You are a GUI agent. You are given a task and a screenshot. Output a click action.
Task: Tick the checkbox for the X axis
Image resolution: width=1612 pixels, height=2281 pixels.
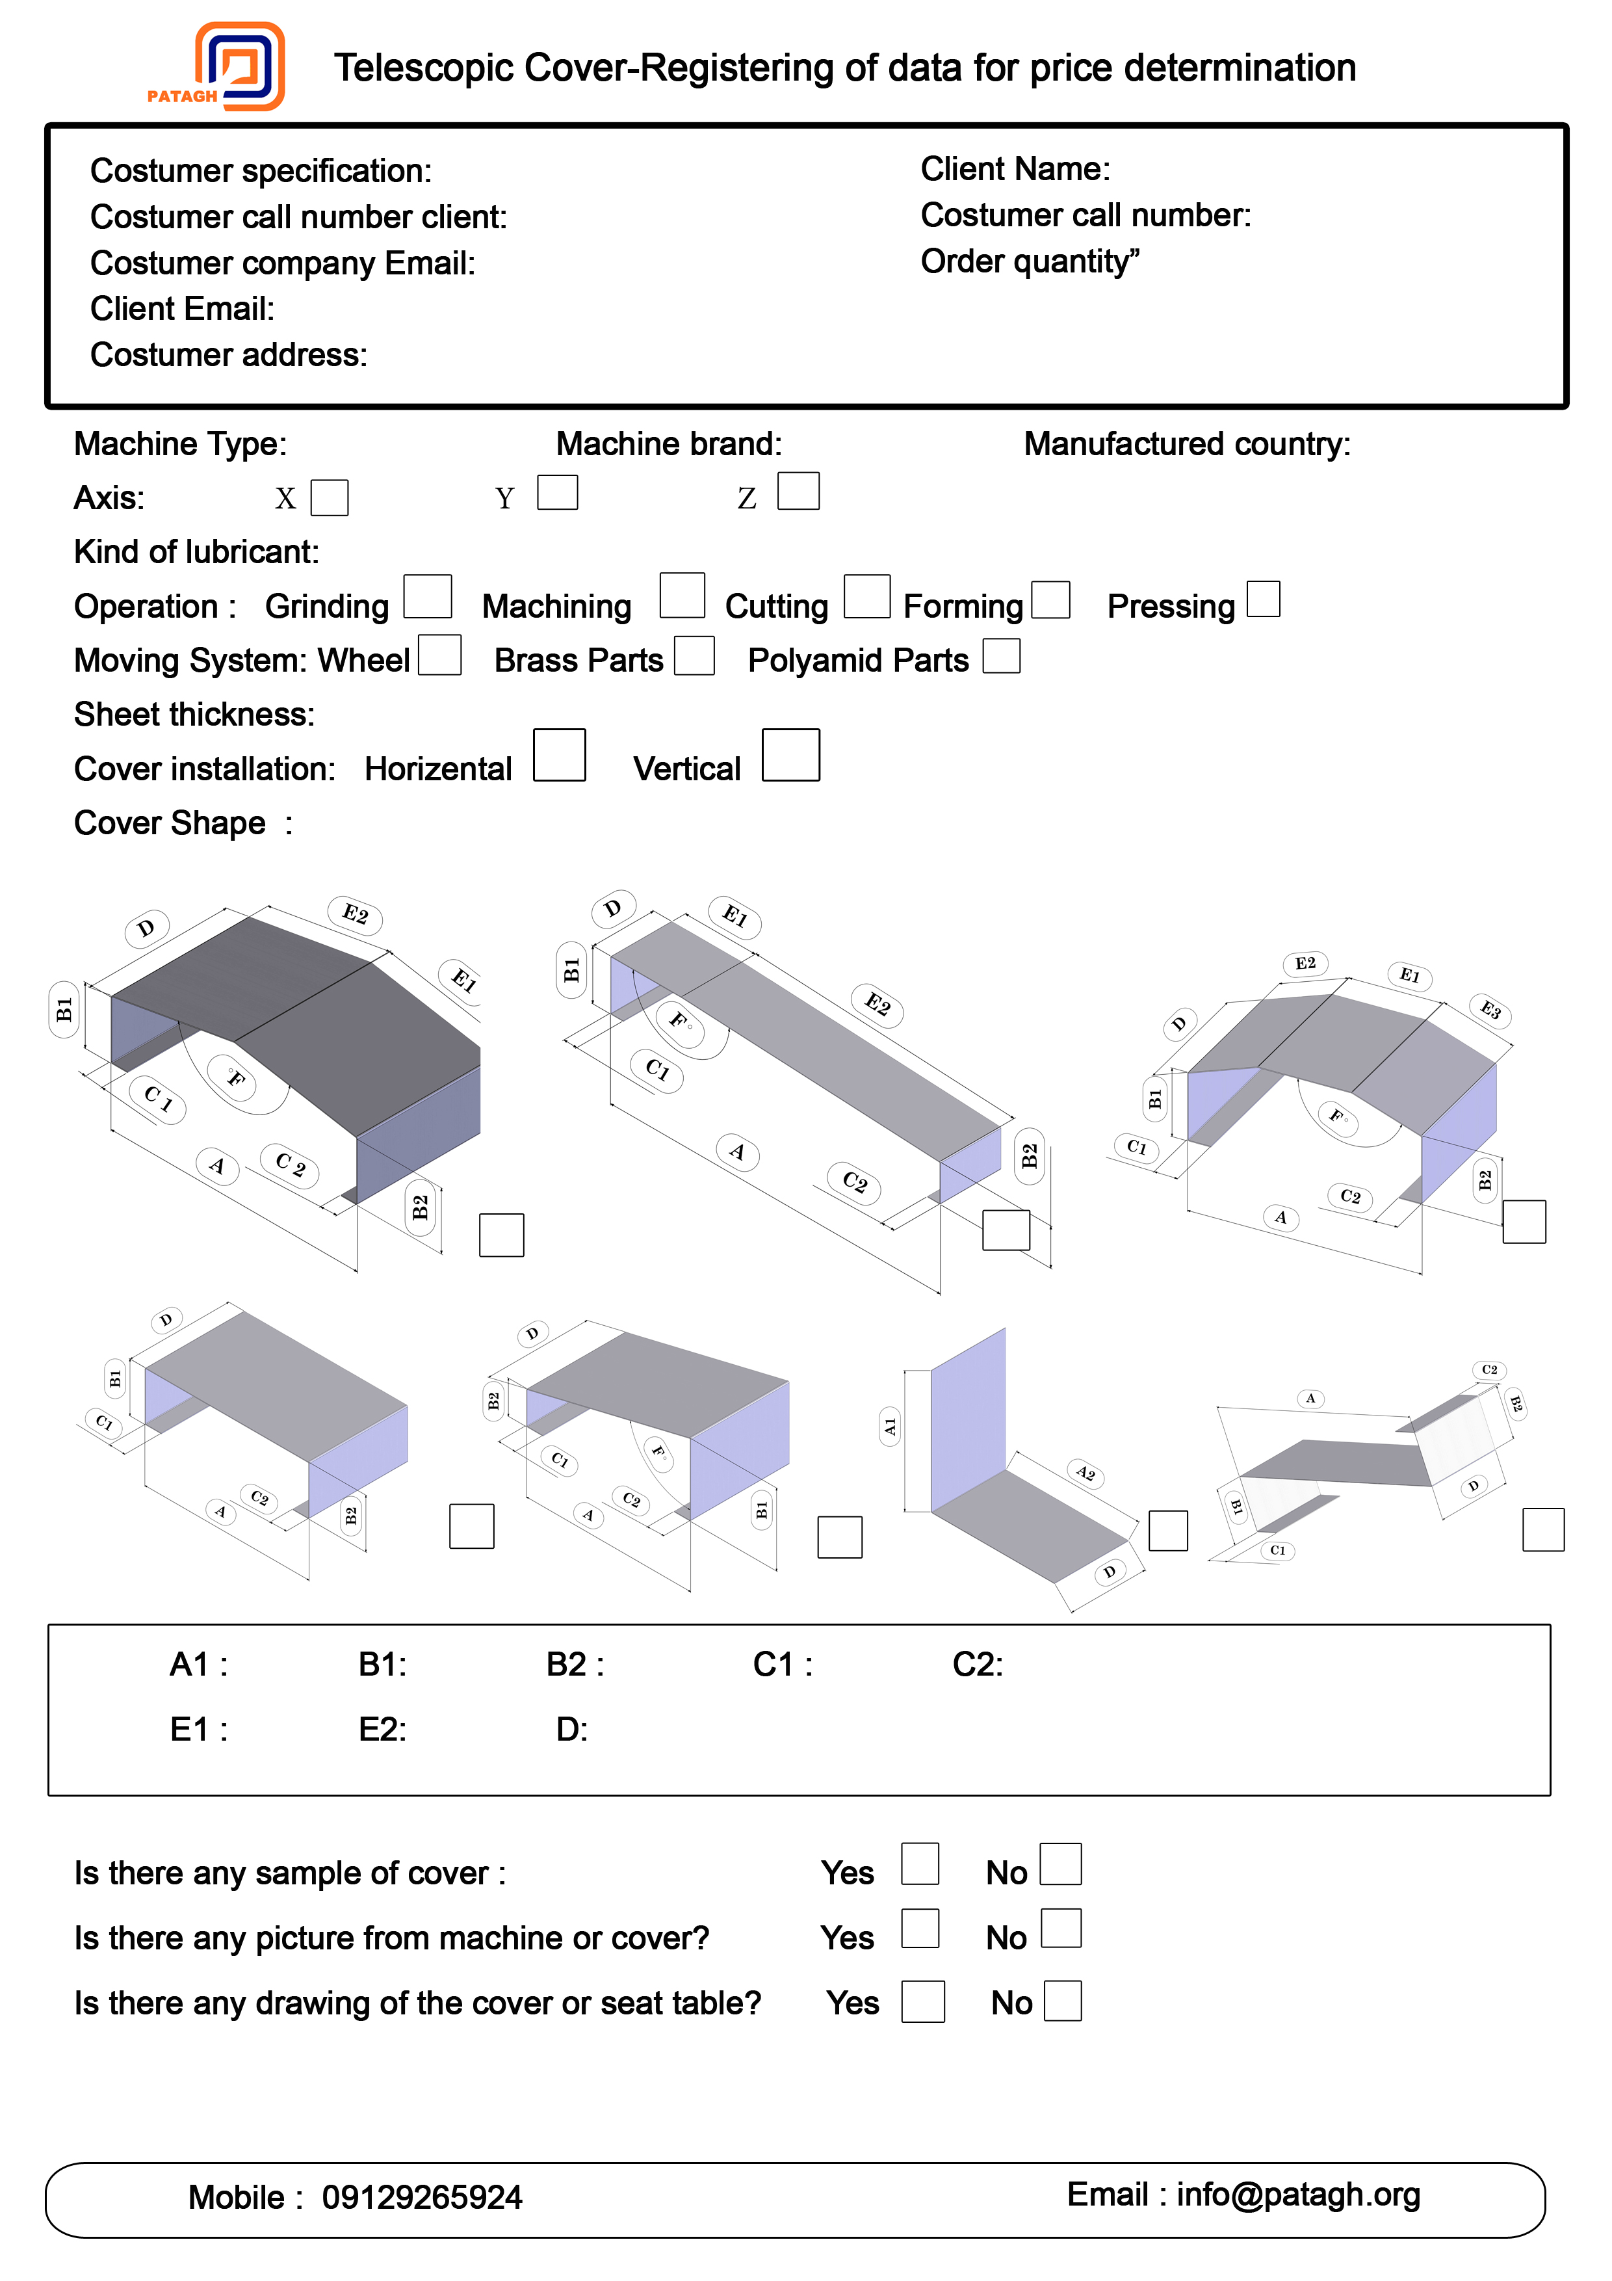(x=330, y=497)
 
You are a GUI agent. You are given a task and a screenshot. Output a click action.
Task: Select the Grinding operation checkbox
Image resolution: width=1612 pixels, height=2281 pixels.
(x=428, y=596)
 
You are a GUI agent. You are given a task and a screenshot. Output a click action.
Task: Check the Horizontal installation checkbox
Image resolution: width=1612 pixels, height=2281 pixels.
(x=559, y=755)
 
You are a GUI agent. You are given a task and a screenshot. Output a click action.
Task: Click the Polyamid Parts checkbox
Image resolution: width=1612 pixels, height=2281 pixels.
(x=1001, y=655)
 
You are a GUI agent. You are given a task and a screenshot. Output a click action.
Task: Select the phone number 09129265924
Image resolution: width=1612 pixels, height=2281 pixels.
(x=422, y=2196)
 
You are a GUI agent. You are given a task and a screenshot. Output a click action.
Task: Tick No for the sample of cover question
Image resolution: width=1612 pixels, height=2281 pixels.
(x=1061, y=1864)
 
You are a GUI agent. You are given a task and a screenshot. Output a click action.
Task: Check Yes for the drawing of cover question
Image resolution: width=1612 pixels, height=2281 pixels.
(x=923, y=2001)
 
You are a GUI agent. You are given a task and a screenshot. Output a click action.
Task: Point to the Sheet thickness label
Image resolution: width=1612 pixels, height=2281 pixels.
(x=194, y=715)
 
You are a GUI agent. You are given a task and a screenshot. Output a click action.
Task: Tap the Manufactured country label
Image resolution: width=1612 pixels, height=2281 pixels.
(x=1187, y=444)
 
